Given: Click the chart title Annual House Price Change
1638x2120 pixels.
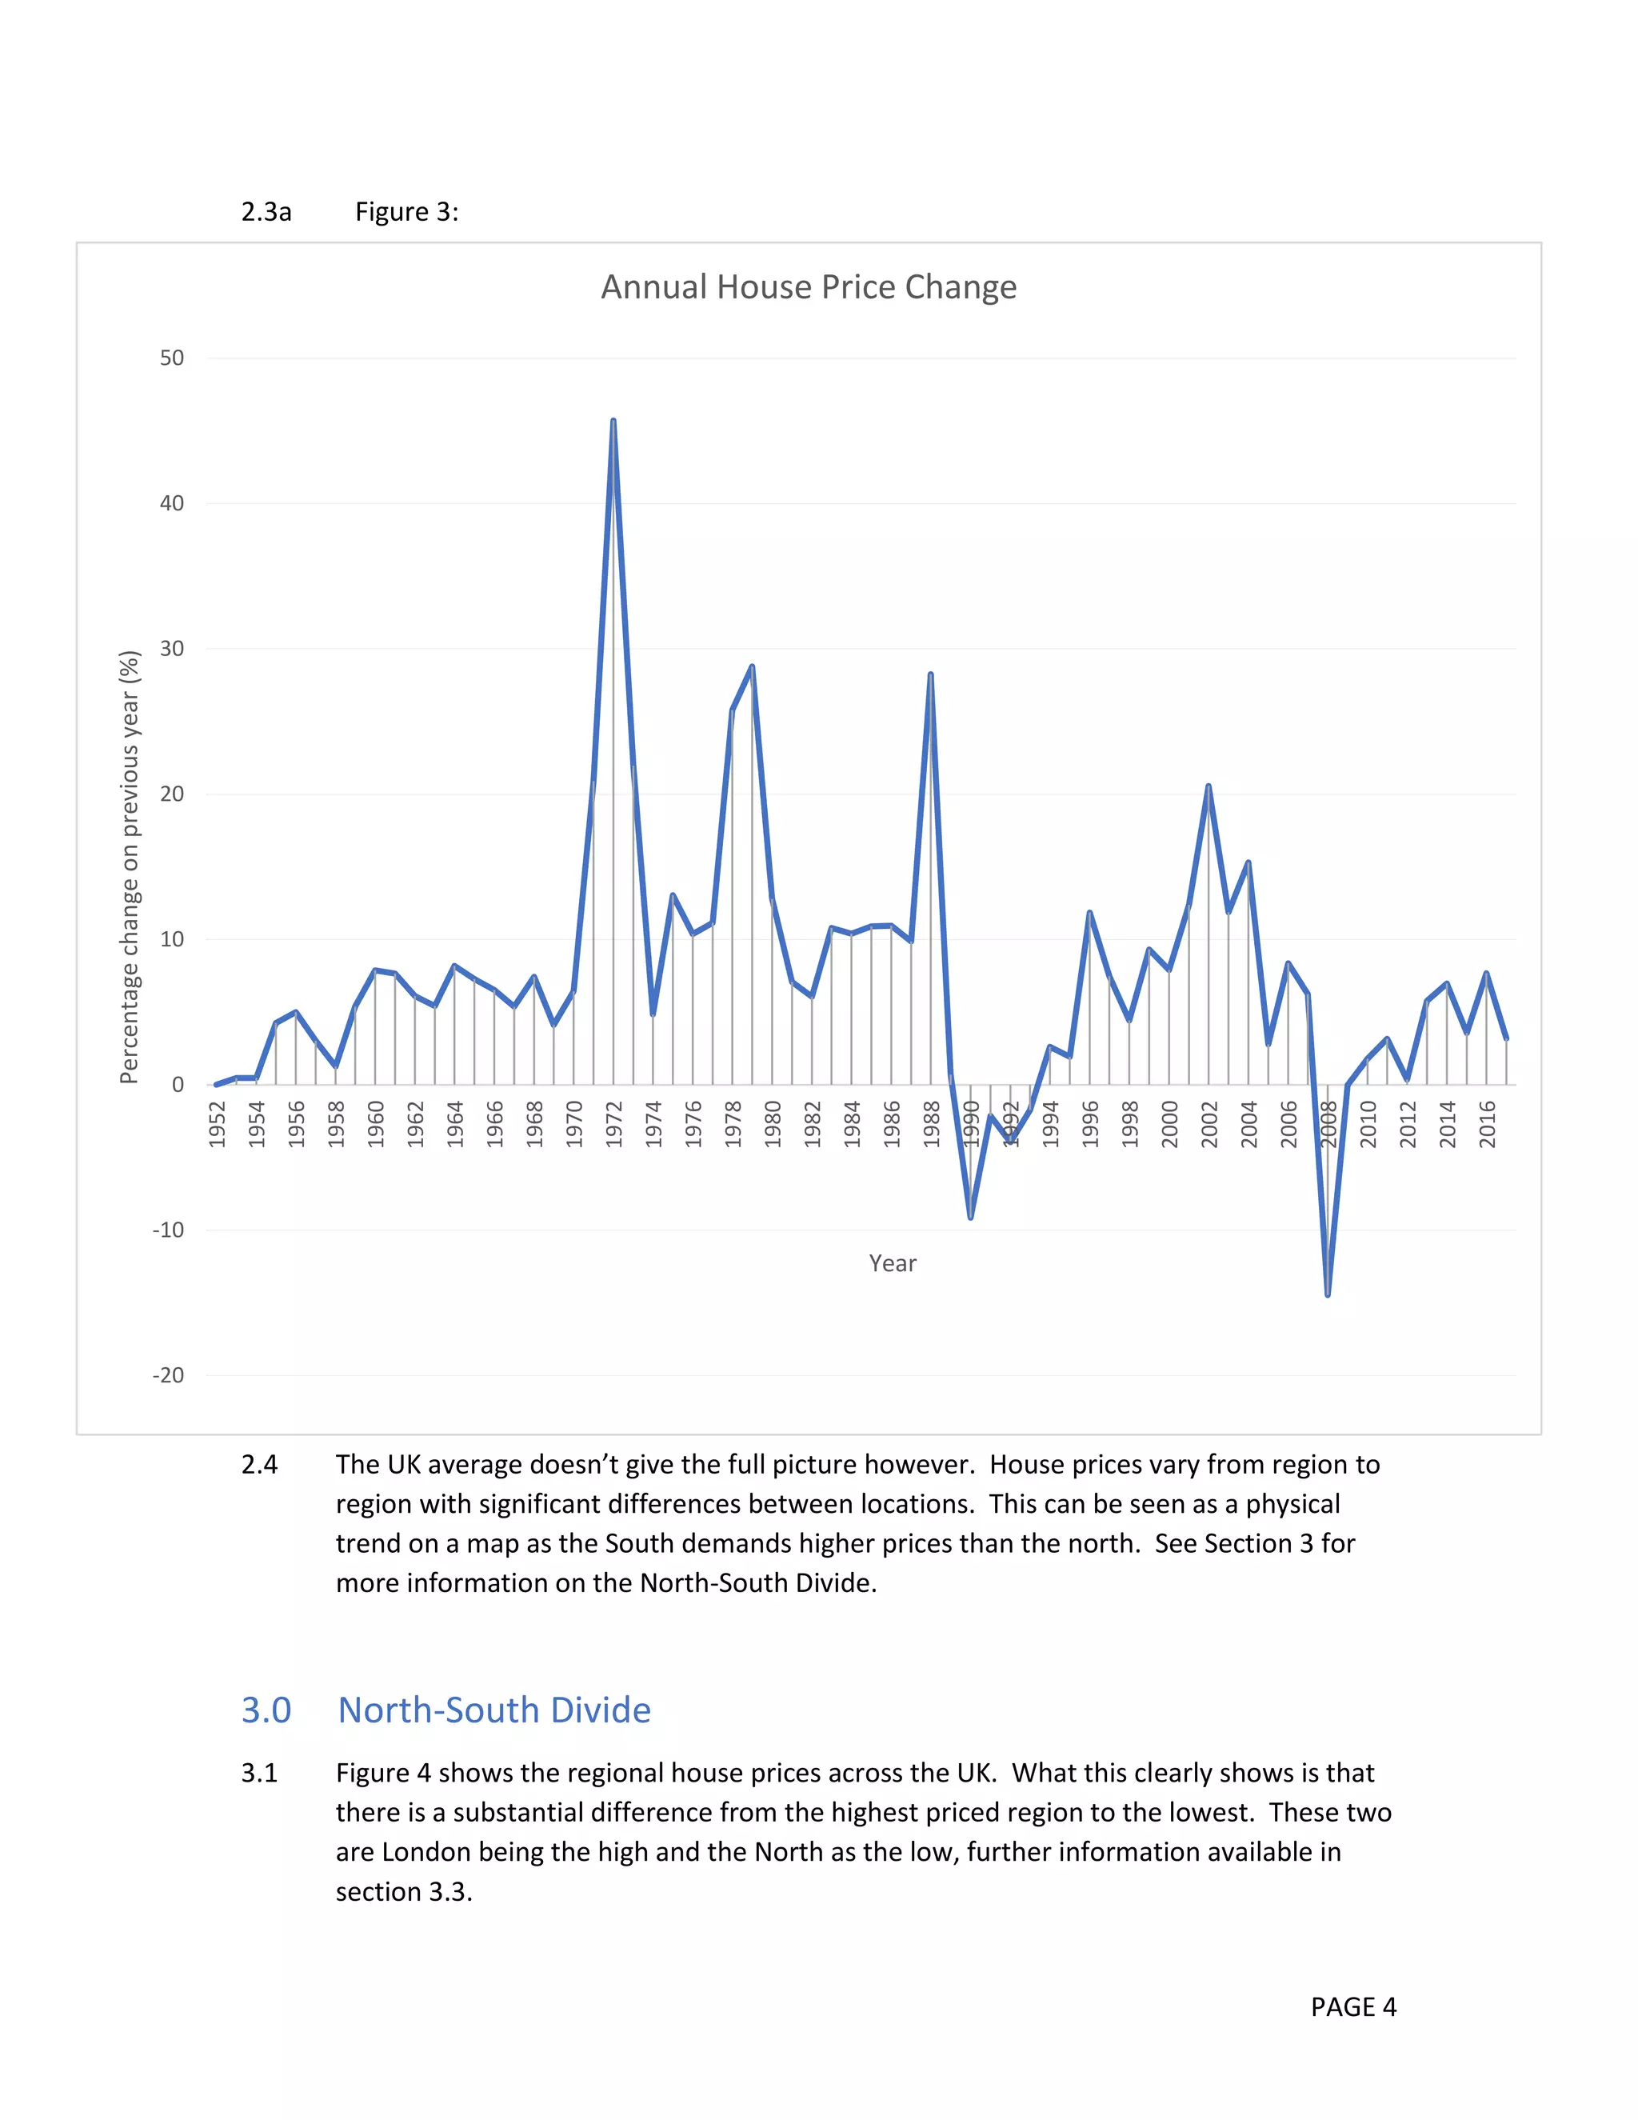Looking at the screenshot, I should click(809, 287).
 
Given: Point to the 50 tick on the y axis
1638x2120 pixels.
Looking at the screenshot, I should click(172, 358).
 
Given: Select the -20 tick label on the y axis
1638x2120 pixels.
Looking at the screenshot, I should click(168, 1375).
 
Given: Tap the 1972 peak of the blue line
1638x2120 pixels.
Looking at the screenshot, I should click(613, 422).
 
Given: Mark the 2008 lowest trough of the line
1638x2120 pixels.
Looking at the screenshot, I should click(1328, 1294).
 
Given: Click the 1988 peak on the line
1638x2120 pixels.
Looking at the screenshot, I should click(931, 674).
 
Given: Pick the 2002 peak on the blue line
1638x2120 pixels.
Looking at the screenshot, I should click(1209, 786).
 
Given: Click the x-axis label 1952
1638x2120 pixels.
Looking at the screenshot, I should click(218, 1124).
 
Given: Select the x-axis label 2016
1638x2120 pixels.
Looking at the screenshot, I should click(1487, 1124).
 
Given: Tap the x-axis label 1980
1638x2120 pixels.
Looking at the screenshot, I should click(773, 1124).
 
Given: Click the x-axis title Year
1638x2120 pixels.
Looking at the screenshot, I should click(892, 1263).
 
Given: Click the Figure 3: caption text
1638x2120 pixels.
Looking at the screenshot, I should click(406, 212).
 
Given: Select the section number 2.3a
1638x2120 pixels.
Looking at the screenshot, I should click(266, 212).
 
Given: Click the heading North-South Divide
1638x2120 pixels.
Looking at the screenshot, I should click(494, 1710).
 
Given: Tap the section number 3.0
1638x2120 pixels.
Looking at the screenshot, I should click(266, 1710).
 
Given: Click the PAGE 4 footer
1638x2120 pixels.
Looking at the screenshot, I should click(1352, 2006).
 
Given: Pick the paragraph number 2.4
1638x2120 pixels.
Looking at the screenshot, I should click(259, 1464).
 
